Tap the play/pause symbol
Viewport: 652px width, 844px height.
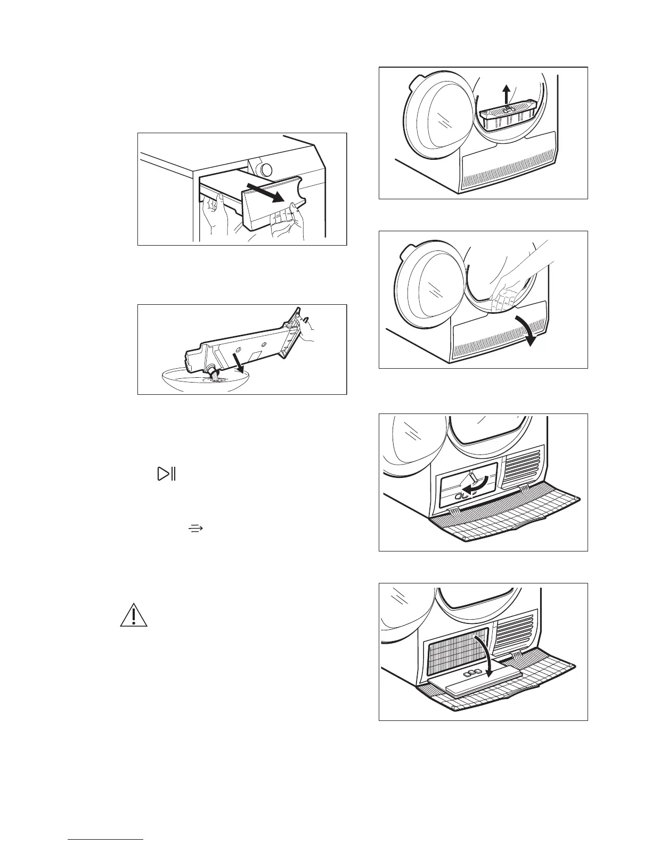166,474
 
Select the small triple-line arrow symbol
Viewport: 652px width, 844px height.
196,528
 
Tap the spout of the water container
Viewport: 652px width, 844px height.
214,371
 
